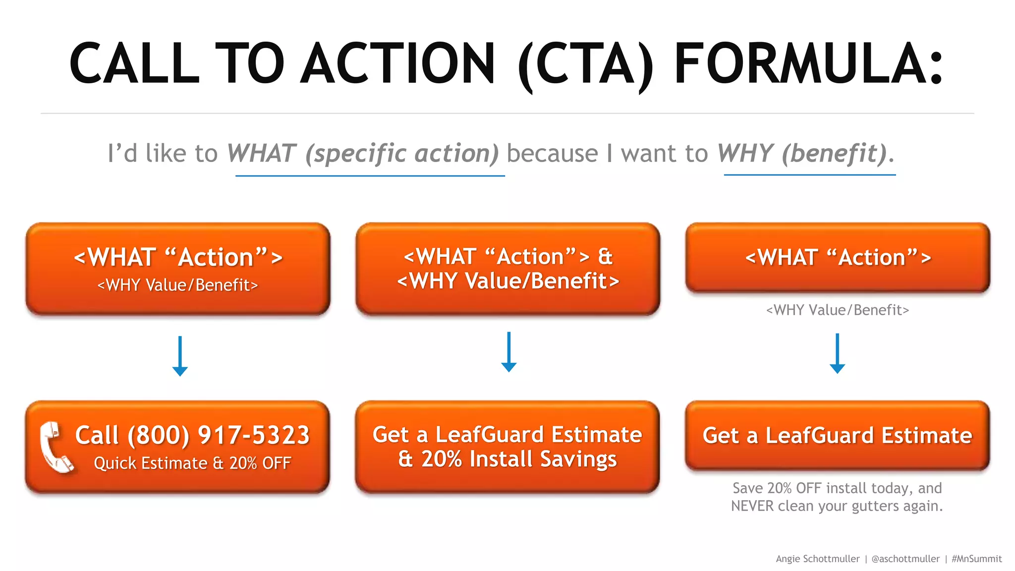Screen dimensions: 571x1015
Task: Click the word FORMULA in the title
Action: point(808,63)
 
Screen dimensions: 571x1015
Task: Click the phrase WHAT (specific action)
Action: point(363,153)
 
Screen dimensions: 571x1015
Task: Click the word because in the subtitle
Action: point(553,153)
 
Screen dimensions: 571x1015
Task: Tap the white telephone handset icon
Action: point(56,448)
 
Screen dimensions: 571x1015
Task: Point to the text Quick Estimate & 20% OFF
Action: point(192,463)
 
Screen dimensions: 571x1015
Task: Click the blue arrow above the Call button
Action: point(180,356)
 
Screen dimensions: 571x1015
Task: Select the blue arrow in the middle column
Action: point(508,352)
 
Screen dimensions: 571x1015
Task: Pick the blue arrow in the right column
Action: point(837,353)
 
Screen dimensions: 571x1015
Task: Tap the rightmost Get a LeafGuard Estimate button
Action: point(837,436)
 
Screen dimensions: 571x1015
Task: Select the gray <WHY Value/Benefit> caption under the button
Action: point(837,310)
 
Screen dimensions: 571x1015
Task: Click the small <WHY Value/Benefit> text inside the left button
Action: point(177,285)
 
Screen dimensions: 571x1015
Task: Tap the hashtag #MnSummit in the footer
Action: point(976,559)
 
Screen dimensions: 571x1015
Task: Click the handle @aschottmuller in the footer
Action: point(905,559)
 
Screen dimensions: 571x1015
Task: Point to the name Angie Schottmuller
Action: point(817,559)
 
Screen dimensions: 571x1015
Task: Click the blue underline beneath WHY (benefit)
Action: point(809,175)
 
